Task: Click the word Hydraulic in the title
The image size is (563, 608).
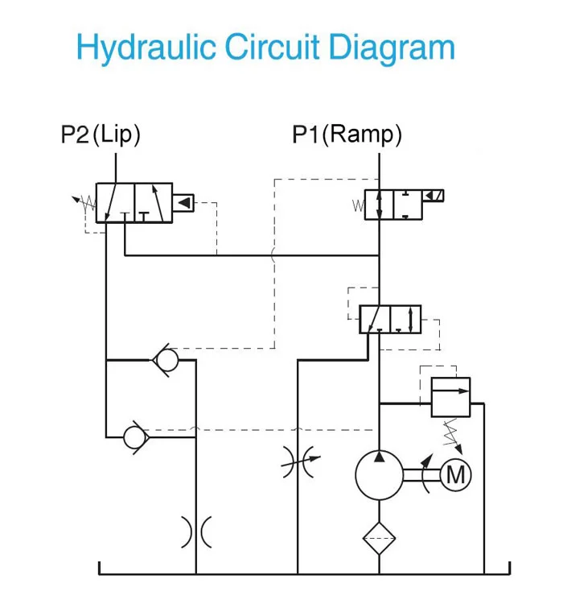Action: click(146, 48)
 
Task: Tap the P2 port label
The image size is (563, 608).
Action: click(75, 134)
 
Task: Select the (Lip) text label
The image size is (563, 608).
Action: click(117, 134)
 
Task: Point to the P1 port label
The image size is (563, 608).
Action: click(305, 134)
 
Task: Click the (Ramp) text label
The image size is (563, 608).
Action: click(361, 134)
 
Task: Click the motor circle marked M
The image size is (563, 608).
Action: click(455, 474)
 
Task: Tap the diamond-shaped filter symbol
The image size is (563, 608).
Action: click(380, 538)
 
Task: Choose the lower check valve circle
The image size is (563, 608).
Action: click(134, 436)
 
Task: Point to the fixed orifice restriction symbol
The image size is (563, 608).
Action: click(196, 531)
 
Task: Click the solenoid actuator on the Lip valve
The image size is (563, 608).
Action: click(184, 203)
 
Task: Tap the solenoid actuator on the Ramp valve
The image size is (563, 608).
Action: click(434, 196)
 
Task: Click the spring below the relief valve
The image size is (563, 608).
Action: click(450, 435)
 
